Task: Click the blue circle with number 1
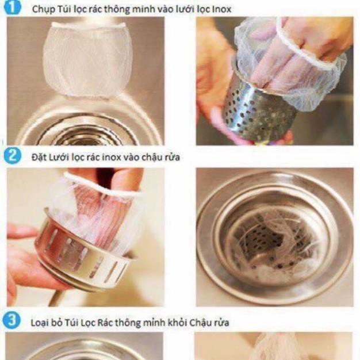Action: pyautogui.click(x=12, y=7)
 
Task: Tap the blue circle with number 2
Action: pyautogui.click(x=12, y=156)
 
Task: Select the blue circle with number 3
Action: pyautogui.click(x=12, y=320)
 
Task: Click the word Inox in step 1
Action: pyautogui.click(x=222, y=9)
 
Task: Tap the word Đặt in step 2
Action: pyautogui.click(x=38, y=158)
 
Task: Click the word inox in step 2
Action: pyautogui.click(x=111, y=158)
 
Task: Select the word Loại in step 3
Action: pyautogui.click(x=40, y=323)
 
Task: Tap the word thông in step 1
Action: pyautogui.click(x=120, y=10)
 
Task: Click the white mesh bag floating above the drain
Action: pyautogui.click(x=87, y=60)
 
